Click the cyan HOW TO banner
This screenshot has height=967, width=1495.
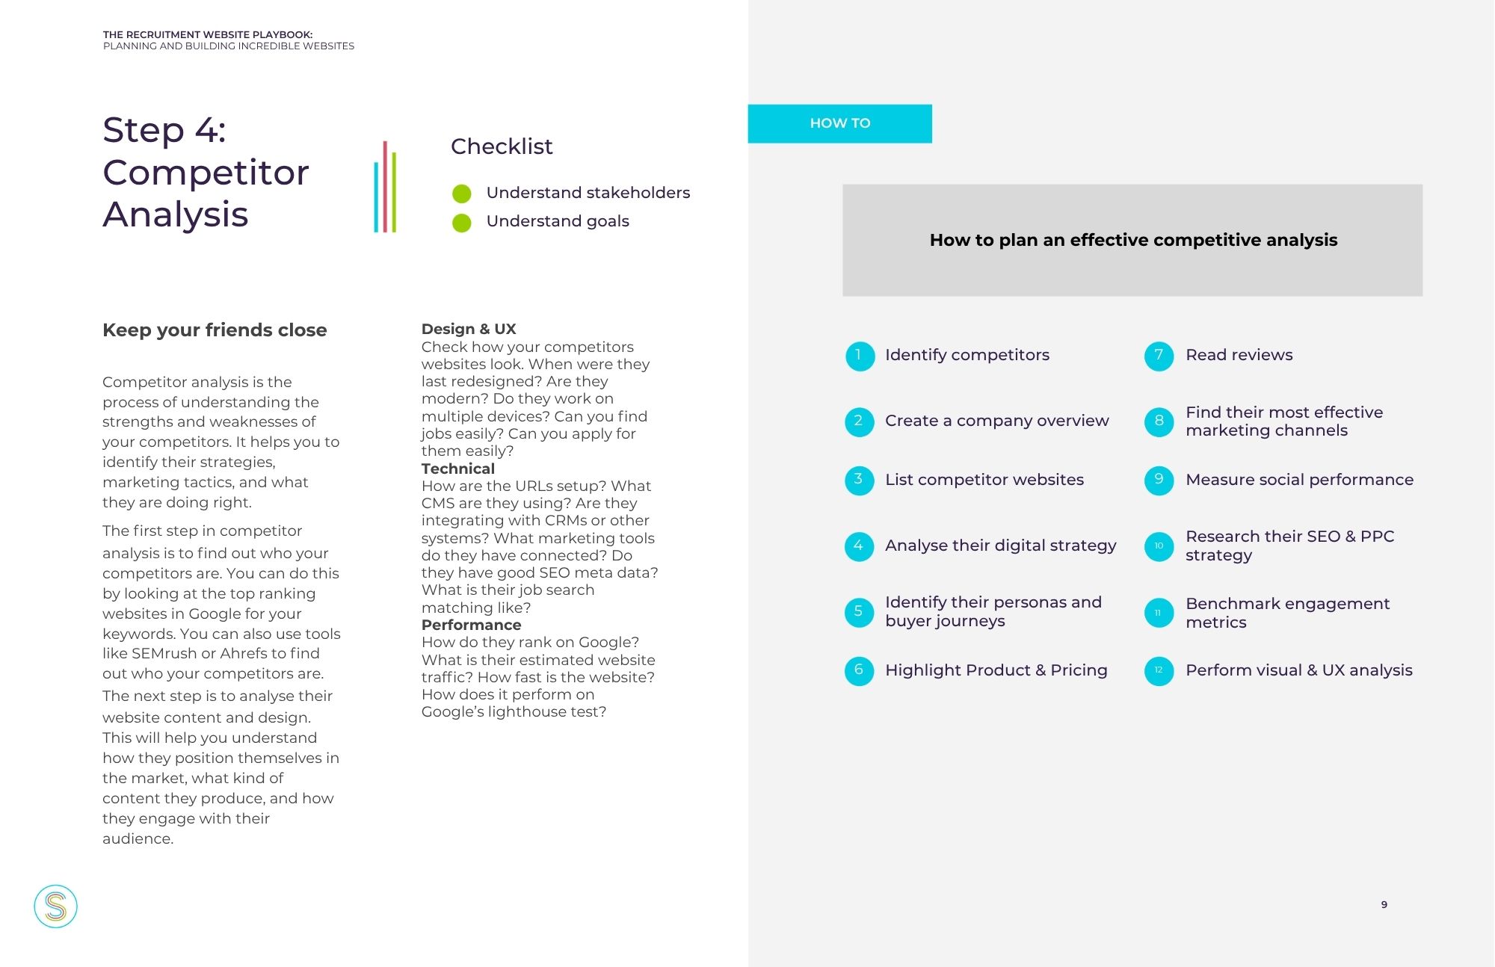[839, 123]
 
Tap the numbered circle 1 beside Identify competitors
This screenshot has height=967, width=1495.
[859, 356]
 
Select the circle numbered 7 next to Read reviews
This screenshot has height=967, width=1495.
[1159, 356]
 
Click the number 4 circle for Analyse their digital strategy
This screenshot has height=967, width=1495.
[859, 546]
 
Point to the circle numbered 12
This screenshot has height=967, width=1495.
[1159, 670]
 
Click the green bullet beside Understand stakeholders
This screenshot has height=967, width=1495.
[462, 194]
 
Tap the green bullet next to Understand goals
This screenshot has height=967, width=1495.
[462, 223]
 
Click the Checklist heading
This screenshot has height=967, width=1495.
[502, 146]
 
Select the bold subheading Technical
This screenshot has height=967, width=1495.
[457, 469]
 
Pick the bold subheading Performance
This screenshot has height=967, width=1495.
[471, 625]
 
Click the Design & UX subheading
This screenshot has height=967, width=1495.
[469, 329]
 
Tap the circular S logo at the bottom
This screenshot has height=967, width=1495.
[56, 906]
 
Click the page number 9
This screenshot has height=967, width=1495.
[1384, 904]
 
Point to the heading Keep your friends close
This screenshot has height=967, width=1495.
[215, 330]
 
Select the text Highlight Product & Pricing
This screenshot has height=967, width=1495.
[996, 670]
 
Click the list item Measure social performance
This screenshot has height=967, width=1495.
[1299, 480]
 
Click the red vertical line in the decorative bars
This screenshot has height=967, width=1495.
[385, 186]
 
